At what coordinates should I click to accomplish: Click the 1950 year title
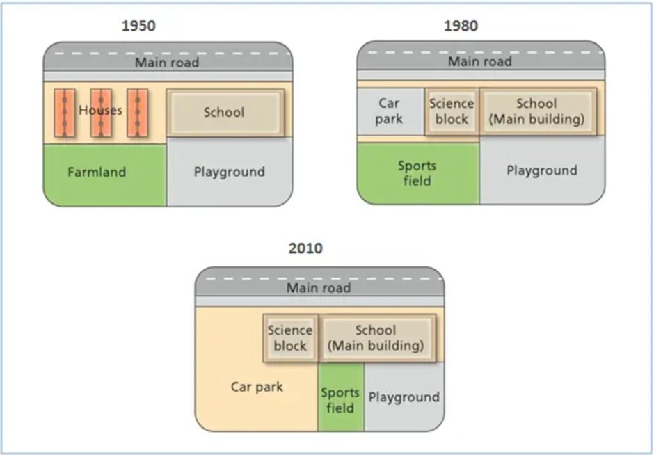click(x=138, y=26)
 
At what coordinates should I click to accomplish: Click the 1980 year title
click(x=461, y=26)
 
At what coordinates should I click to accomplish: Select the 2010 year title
click(x=305, y=248)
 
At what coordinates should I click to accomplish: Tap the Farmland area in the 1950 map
click(x=97, y=173)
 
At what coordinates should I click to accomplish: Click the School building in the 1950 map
click(x=224, y=112)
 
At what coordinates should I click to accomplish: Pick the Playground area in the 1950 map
click(x=229, y=172)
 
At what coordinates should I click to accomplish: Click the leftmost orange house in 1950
click(x=64, y=111)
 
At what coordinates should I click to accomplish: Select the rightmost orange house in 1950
click(x=137, y=111)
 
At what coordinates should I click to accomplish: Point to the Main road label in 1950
click(x=167, y=63)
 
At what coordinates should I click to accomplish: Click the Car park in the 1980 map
click(x=390, y=111)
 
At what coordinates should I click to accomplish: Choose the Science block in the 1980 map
click(x=451, y=111)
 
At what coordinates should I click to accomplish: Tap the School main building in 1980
click(x=536, y=111)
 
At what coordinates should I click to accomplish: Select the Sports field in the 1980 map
click(x=417, y=173)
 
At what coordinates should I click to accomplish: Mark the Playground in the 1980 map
click(x=541, y=170)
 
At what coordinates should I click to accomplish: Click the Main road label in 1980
click(x=480, y=61)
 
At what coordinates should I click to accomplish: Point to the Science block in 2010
click(x=290, y=338)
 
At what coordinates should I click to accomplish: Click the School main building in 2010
click(x=376, y=338)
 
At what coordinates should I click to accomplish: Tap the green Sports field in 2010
click(x=340, y=399)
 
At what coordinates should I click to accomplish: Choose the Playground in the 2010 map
click(x=404, y=397)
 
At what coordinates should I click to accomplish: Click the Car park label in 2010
click(x=257, y=387)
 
